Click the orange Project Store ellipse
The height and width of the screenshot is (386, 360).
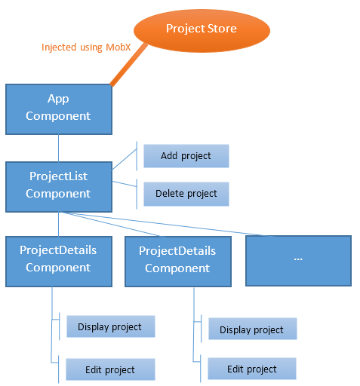point(201,29)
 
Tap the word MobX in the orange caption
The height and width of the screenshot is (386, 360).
point(116,47)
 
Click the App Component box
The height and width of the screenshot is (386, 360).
point(58,108)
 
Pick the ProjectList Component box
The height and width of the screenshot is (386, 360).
point(58,185)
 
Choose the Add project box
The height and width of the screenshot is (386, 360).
point(186,156)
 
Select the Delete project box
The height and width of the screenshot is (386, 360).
point(186,194)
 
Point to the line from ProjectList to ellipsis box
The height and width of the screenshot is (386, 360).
point(189,225)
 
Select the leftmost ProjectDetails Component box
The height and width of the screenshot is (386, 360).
point(58,259)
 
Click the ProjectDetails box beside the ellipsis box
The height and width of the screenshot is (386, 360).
point(177,260)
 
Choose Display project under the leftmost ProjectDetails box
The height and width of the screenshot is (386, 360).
point(110,326)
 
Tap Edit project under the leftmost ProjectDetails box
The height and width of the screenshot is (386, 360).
point(110,369)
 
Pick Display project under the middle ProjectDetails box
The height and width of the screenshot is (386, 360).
point(251,329)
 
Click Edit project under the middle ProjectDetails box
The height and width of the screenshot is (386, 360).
point(251,369)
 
